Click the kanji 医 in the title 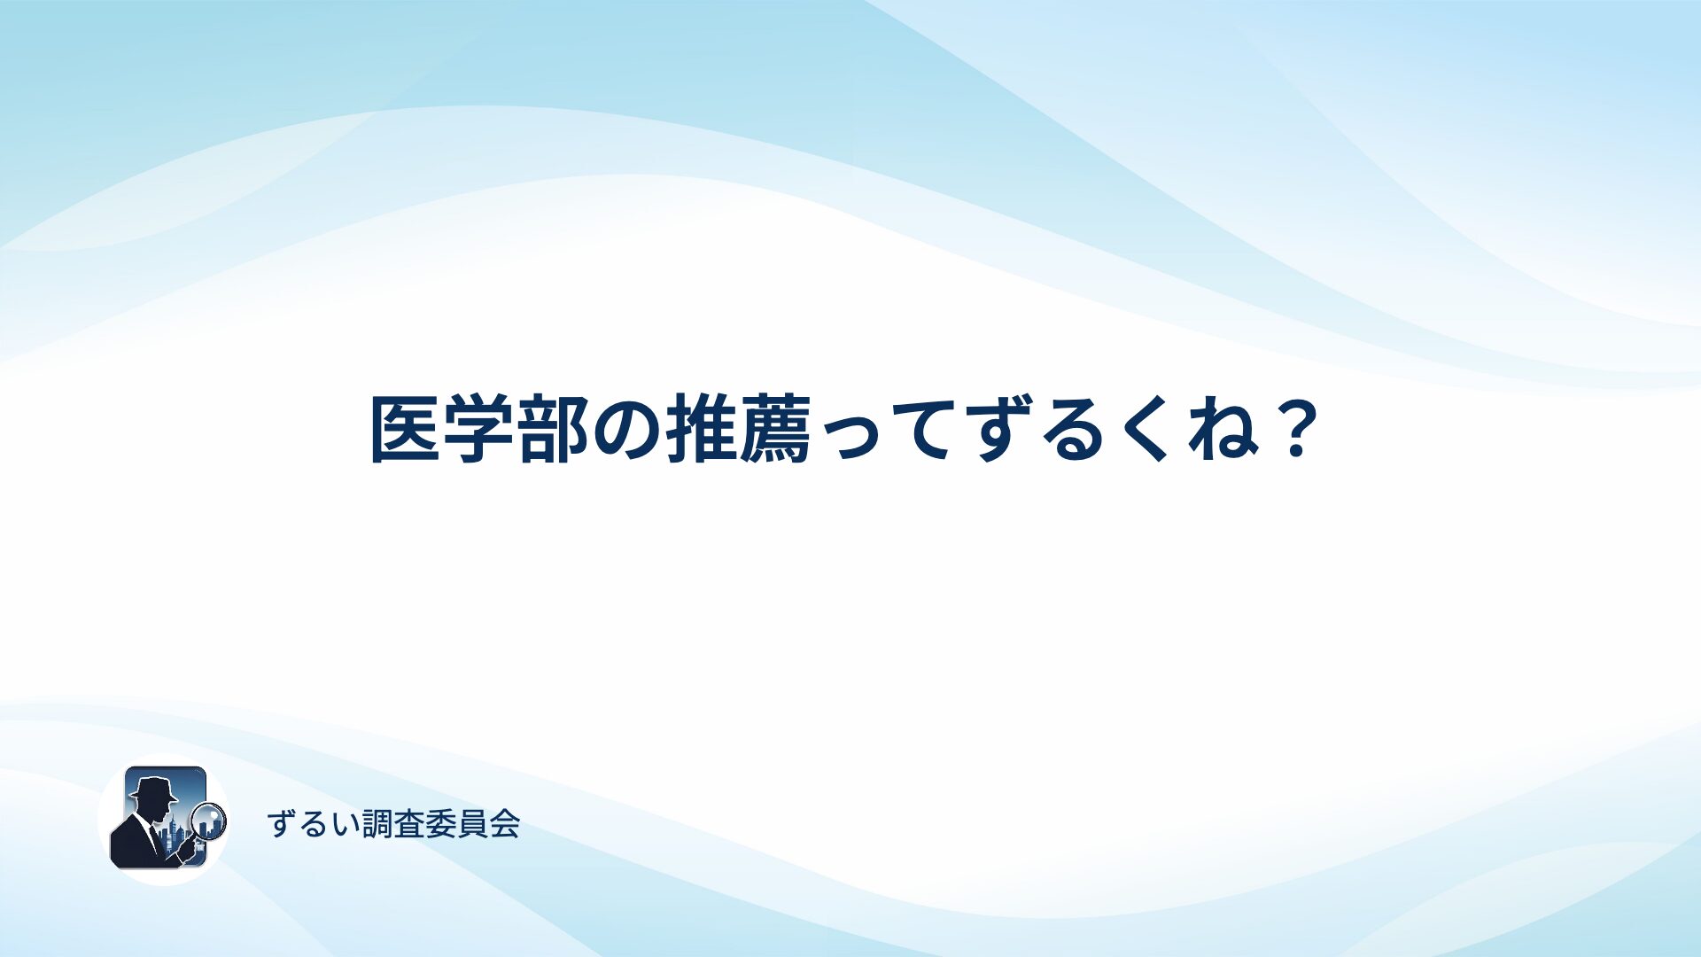(405, 430)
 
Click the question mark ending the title (1297, 429)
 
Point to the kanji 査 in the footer (408, 824)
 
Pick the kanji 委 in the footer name (440, 824)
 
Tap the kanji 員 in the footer (472, 824)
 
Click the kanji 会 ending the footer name (504, 824)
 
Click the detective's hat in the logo (152, 789)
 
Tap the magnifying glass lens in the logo (209, 821)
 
